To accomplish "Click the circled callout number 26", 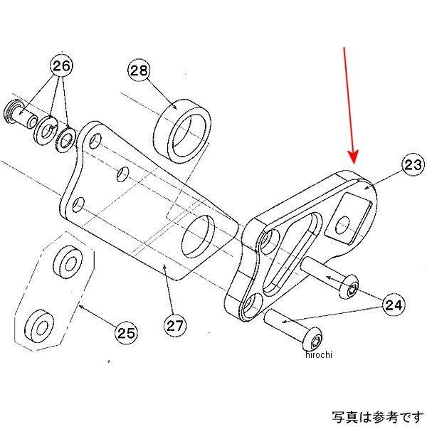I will click(61, 67).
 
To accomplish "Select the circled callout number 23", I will click(411, 166).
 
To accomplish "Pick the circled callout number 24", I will click(394, 305).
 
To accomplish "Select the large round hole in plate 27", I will click(200, 238).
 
